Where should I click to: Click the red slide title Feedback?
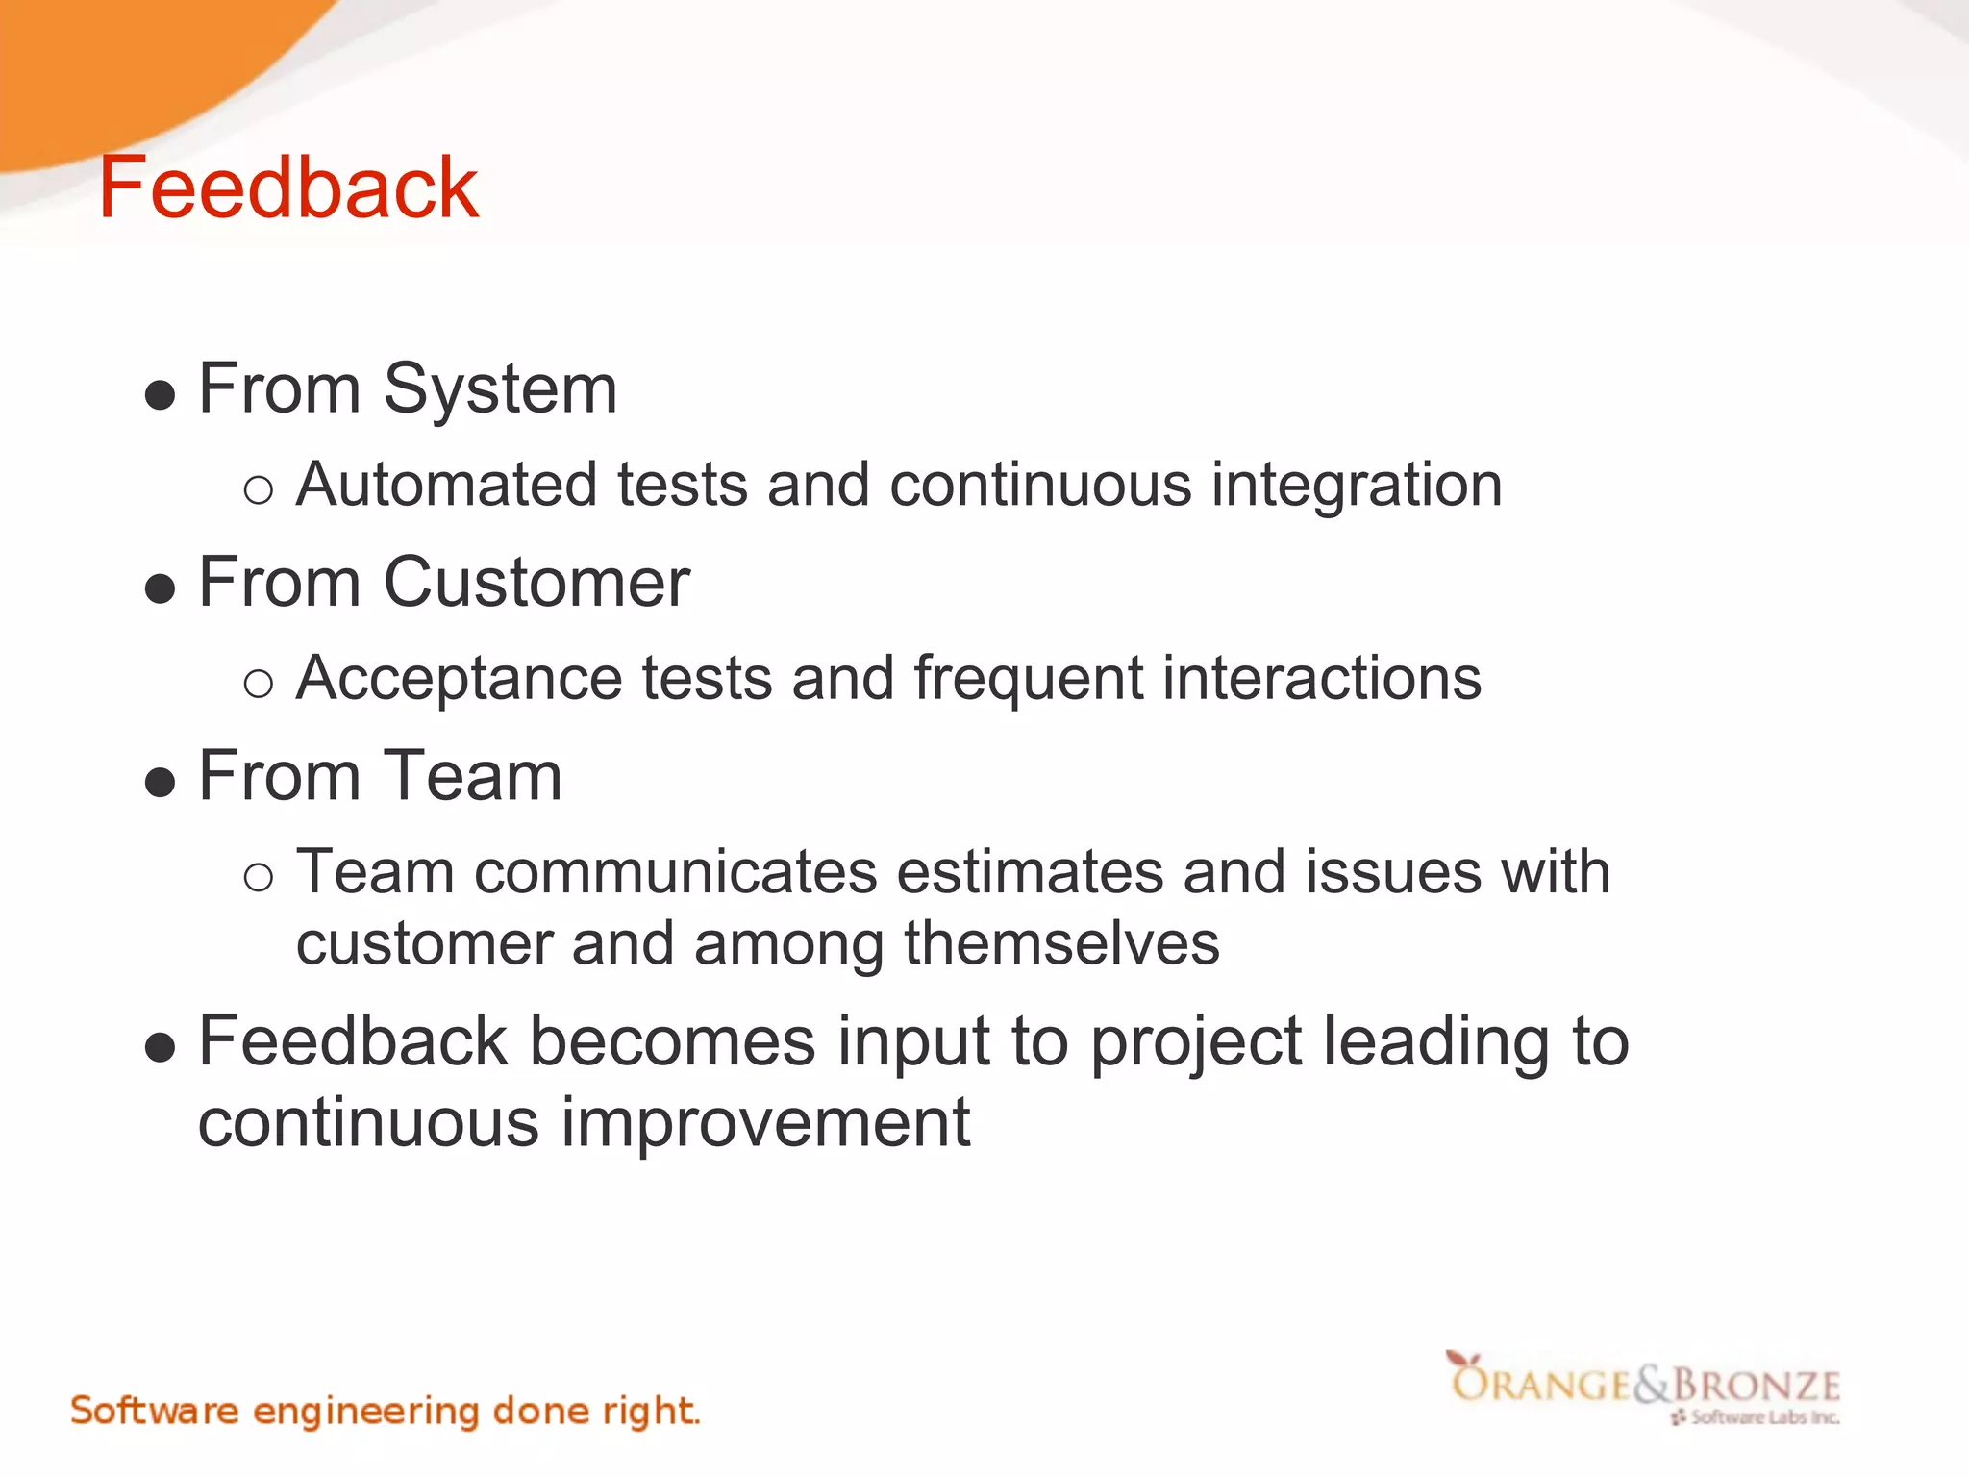pyautogui.click(x=288, y=188)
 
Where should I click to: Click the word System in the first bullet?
pyautogui.click(x=500, y=390)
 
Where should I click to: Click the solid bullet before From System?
pyautogui.click(x=160, y=395)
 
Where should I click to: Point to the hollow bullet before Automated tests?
pyautogui.click(x=258, y=491)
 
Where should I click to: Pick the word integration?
pyautogui.click(x=1356, y=487)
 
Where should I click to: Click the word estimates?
pyautogui.click(x=1030, y=873)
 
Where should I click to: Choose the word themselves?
pyautogui.click(x=1061, y=944)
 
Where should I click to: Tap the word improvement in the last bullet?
pyautogui.click(x=765, y=1124)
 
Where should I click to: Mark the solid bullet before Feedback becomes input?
pyautogui.click(x=160, y=1048)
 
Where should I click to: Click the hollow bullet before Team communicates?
pyautogui.click(x=258, y=878)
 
